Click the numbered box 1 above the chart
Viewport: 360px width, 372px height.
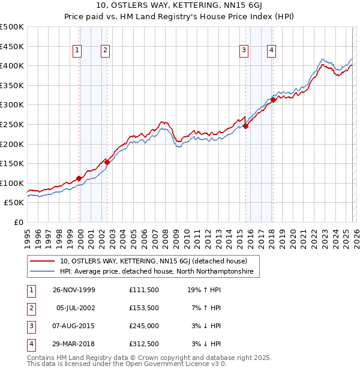[78, 51]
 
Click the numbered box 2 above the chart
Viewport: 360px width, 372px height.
[105, 51]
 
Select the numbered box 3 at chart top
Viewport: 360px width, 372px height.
[244, 51]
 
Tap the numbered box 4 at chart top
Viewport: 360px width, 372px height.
[272, 51]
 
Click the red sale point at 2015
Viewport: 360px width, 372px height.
[245, 125]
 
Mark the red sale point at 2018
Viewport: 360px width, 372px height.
[274, 100]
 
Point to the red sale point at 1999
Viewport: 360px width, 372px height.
[79, 178]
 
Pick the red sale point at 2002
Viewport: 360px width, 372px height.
[107, 161]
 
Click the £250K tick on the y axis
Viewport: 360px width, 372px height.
[12, 124]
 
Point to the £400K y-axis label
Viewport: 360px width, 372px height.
[12, 65]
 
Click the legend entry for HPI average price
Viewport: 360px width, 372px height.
[156, 272]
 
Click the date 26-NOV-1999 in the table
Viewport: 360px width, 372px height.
[74, 290]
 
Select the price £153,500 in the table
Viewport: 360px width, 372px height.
[144, 307]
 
